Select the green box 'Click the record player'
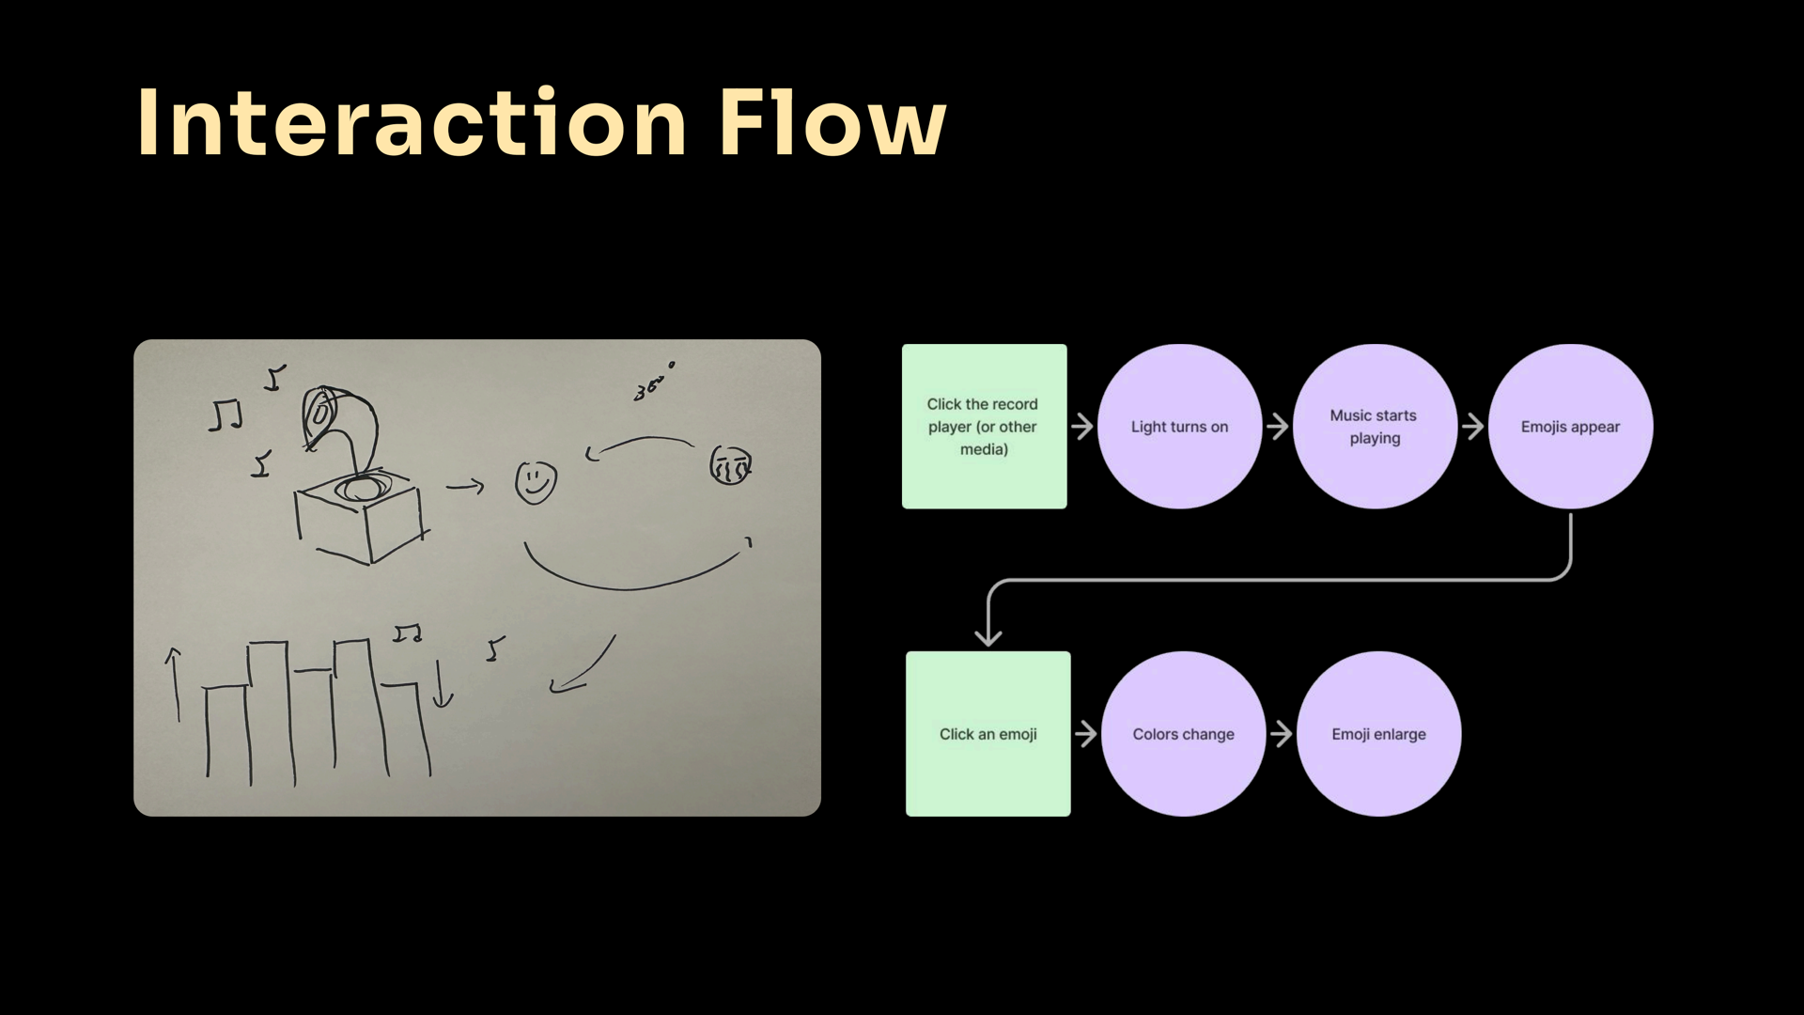coord(984,427)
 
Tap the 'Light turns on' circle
coord(1180,427)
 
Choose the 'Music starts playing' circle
coord(1375,427)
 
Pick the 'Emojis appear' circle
coord(1570,427)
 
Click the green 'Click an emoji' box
coord(988,734)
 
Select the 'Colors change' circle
coord(1184,734)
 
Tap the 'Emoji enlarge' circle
coord(1378,734)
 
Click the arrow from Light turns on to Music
coord(1278,427)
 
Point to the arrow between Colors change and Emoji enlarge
coord(1282,734)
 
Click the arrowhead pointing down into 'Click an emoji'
coord(988,638)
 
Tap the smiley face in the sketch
coord(536,482)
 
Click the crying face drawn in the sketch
coord(730,465)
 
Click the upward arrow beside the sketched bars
coord(173,684)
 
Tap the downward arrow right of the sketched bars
coord(442,683)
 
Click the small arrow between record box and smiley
coord(465,486)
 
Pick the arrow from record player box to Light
coord(1082,427)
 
